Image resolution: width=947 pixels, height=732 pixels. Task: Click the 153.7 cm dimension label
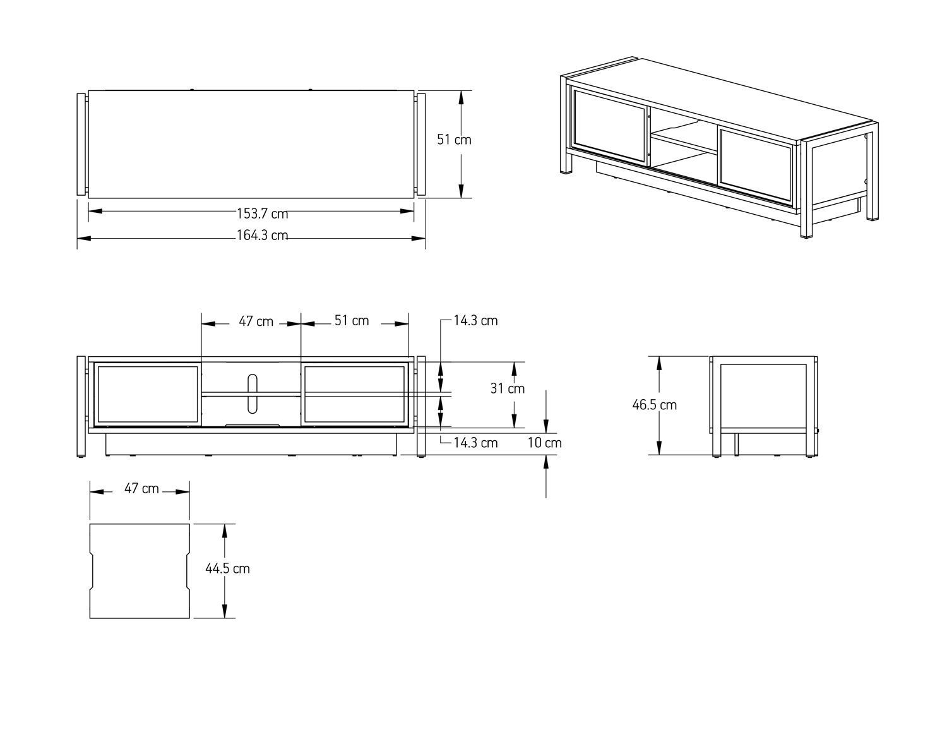263,213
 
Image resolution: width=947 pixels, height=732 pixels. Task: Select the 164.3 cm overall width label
263,236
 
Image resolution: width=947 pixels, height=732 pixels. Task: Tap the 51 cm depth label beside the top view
454,140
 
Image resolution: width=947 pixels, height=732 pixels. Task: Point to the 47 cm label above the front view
256,321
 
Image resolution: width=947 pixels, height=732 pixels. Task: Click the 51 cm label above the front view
352,321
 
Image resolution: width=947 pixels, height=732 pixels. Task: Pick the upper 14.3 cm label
475,321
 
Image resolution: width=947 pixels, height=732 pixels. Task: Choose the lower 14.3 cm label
475,443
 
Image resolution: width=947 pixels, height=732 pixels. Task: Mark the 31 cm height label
507,388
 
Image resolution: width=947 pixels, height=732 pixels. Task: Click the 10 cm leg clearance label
545,443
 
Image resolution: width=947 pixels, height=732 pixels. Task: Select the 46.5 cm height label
655,405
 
